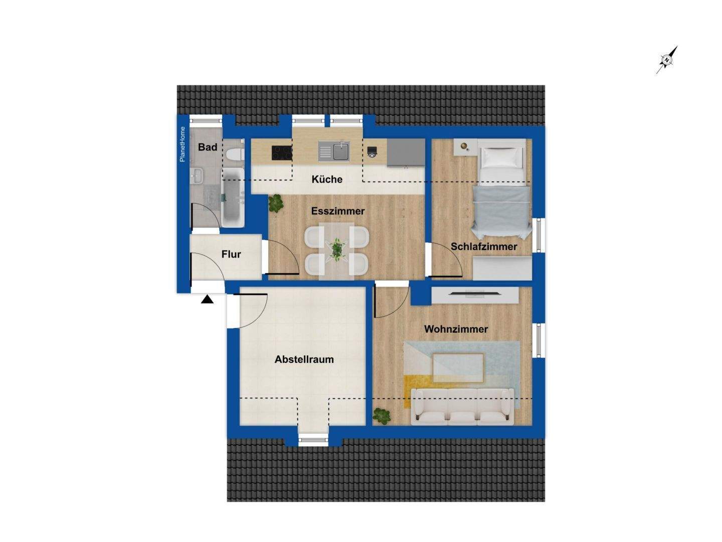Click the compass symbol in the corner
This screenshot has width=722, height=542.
click(x=667, y=60)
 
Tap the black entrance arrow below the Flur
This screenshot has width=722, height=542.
click(x=207, y=300)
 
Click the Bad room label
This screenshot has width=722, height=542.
click(x=208, y=147)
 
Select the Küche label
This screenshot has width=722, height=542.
click(x=327, y=179)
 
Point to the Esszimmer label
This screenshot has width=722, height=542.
click(x=337, y=211)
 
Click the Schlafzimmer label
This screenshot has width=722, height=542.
click(x=484, y=246)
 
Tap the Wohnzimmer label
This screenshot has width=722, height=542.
click(x=456, y=329)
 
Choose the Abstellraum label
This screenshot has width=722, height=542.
click(x=304, y=359)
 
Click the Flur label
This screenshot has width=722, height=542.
click(x=231, y=254)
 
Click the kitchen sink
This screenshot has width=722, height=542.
click(x=334, y=151)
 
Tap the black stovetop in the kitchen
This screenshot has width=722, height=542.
click(x=282, y=153)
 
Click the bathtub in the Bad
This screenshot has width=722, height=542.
click(x=233, y=197)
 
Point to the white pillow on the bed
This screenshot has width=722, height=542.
click(x=502, y=158)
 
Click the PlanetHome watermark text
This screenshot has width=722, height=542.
click(x=183, y=144)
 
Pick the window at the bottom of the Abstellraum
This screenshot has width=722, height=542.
click(x=313, y=440)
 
